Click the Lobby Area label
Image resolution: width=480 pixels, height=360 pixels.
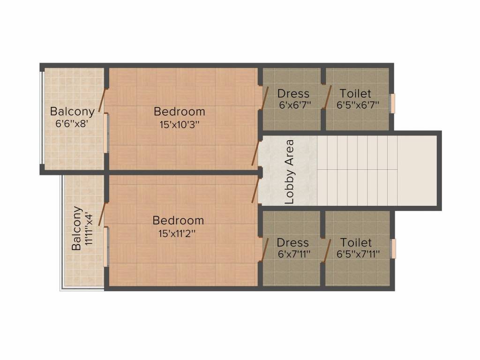point(290,172)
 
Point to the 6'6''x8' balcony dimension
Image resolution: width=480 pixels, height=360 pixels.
point(71,124)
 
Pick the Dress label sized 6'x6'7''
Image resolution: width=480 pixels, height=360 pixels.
point(293,93)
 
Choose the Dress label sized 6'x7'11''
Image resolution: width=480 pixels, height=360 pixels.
point(293,242)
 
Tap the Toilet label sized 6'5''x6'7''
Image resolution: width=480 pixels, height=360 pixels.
point(355,93)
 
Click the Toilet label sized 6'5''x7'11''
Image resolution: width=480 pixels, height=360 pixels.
point(356,242)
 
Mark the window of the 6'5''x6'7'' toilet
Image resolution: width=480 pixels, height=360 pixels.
point(393,103)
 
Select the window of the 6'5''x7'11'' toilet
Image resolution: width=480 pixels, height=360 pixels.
point(393,248)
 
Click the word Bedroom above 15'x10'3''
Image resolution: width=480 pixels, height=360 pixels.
point(180,112)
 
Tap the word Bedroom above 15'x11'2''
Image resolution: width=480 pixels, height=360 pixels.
point(179,220)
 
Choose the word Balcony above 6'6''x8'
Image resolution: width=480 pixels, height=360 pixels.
point(72,112)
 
